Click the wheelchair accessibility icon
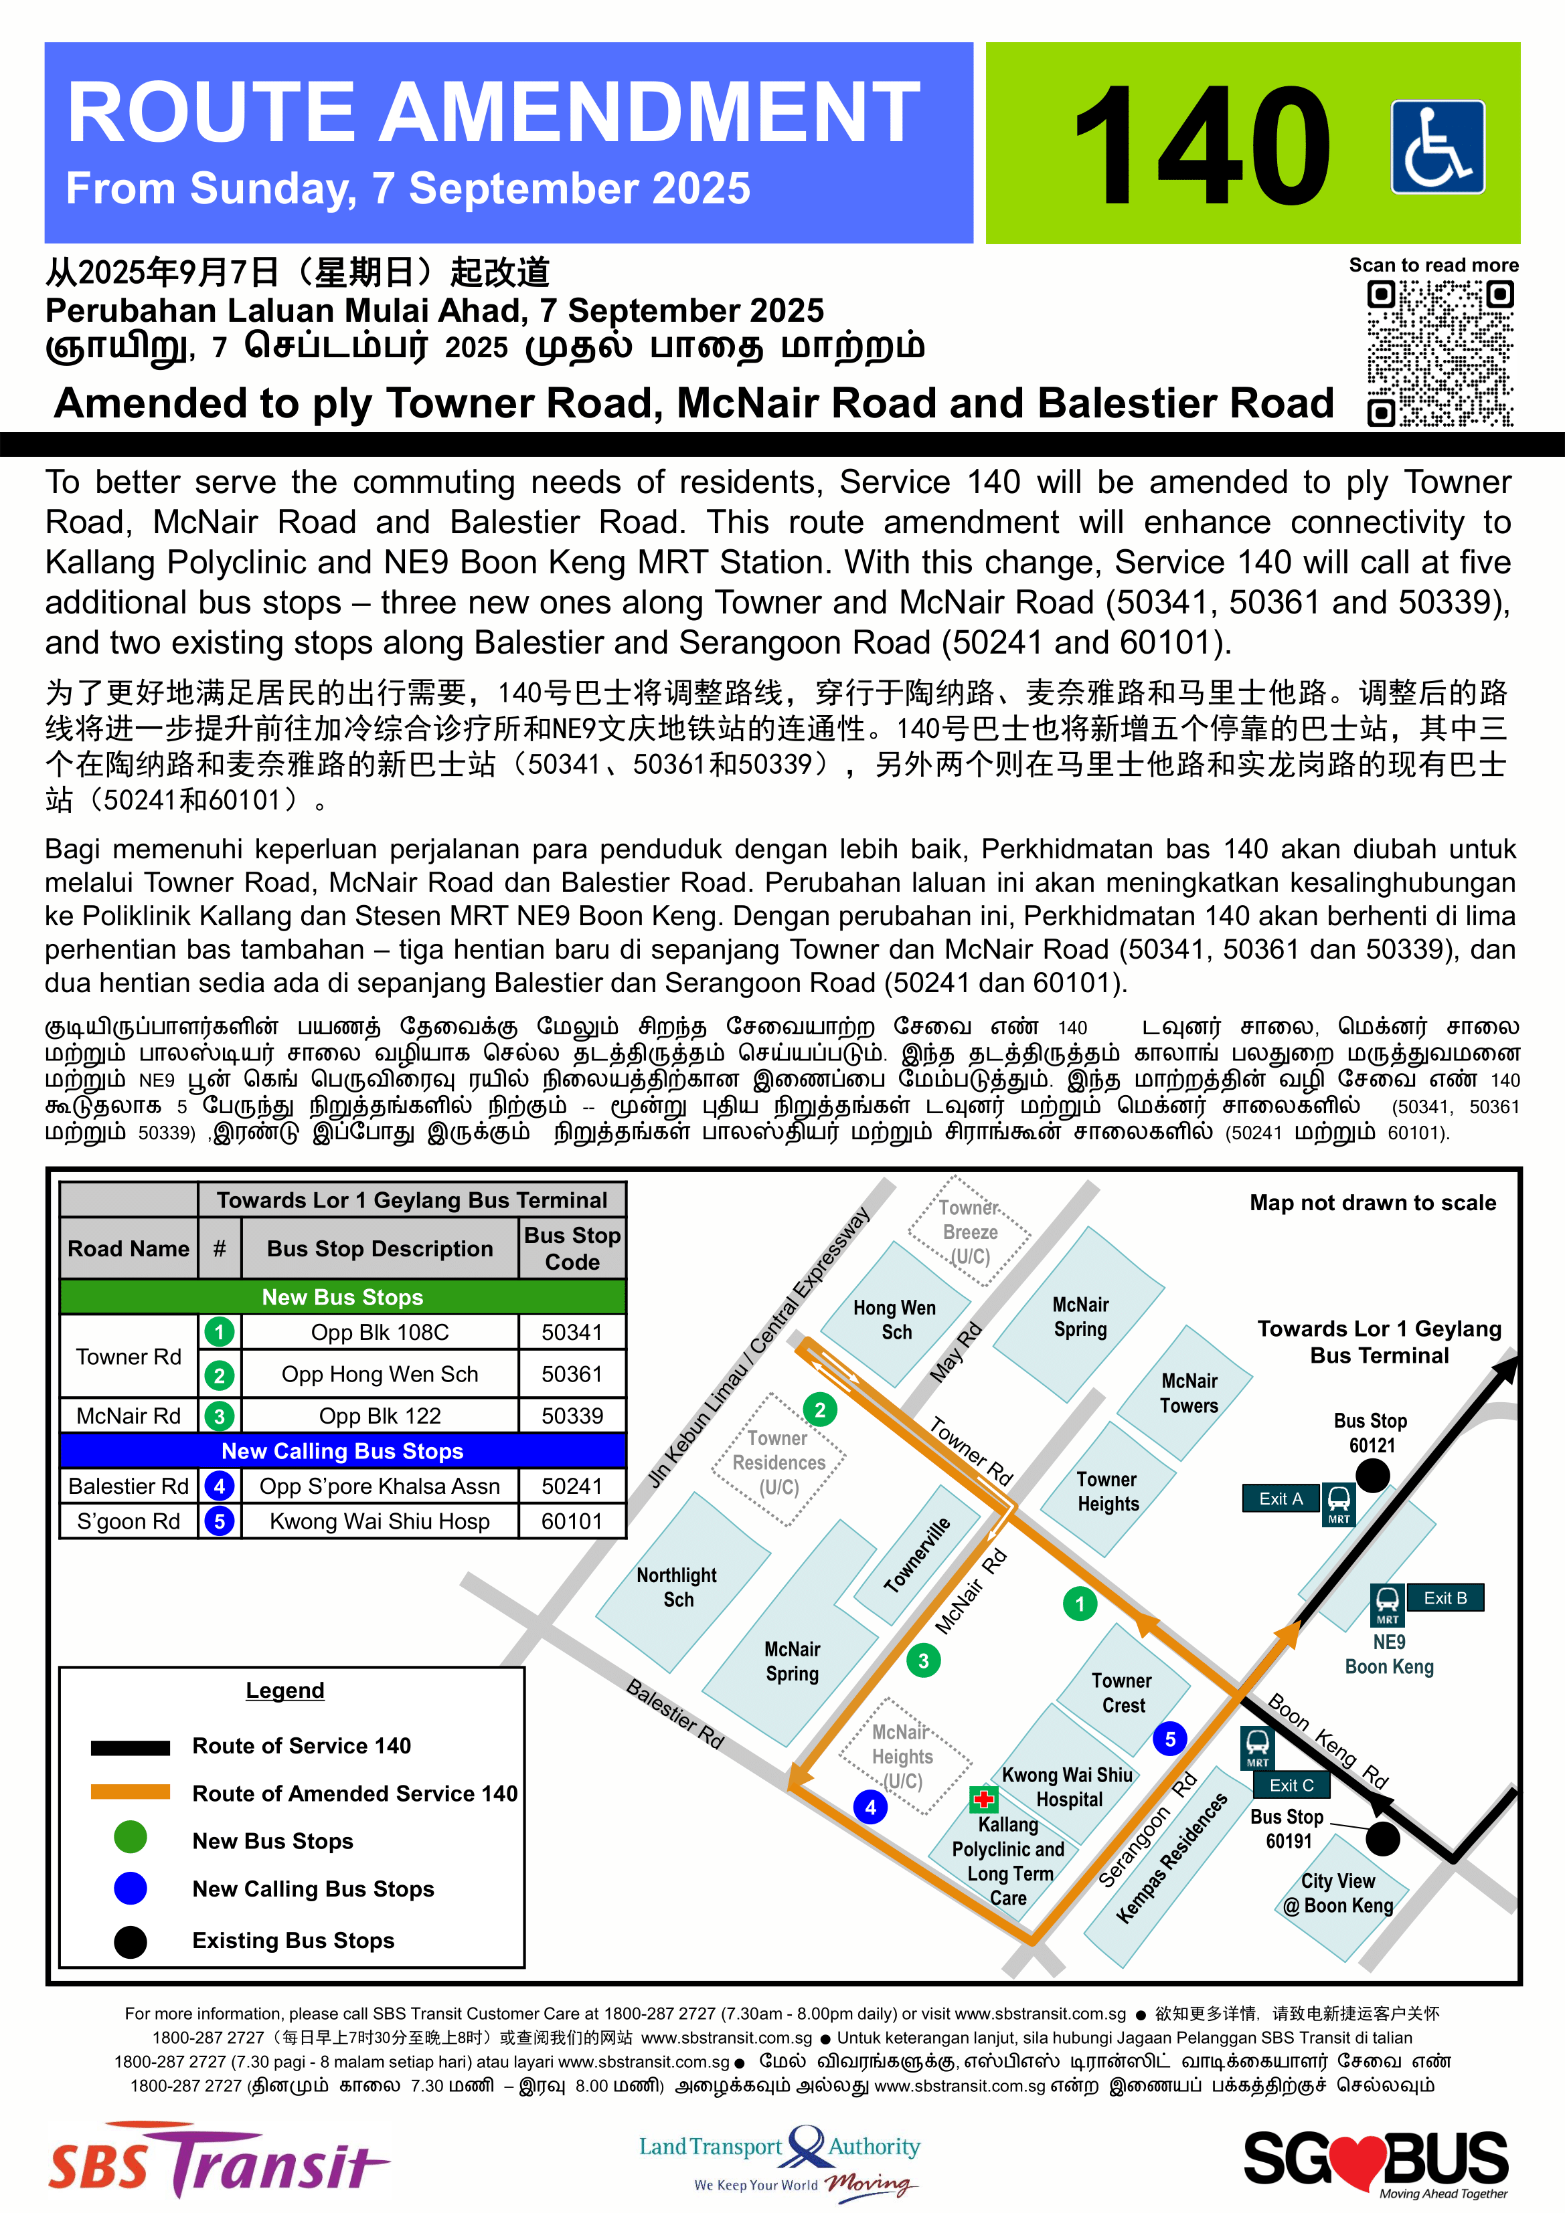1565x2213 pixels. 1436,147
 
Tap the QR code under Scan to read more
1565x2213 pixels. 1440,353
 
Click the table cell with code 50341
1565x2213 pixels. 572,1332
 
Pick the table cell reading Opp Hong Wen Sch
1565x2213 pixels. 380,1375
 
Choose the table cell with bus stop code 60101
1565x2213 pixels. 572,1522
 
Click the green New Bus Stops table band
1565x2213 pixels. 342,1297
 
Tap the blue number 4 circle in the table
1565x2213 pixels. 220,1486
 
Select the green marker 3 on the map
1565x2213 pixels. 923,1660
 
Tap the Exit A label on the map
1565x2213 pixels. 1281,1499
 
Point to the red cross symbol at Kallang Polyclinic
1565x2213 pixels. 983,1798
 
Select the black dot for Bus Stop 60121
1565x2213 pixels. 1372,1474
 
